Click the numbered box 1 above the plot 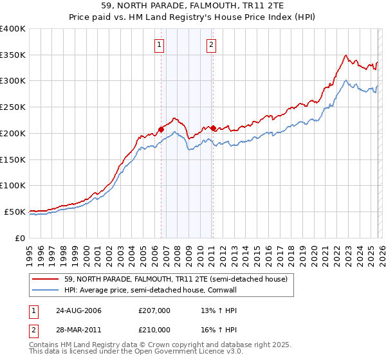pyautogui.click(x=158, y=44)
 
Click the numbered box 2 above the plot pyautogui.click(x=211, y=44)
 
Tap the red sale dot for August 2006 pyautogui.click(x=161, y=129)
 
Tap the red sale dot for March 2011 pyautogui.click(x=213, y=127)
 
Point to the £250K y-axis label pyautogui.click(x=13, y=107)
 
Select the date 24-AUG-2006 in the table pyautogui.click(x=78, y=310)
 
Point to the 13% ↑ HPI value pyautogui.click(x=210, y=310)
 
